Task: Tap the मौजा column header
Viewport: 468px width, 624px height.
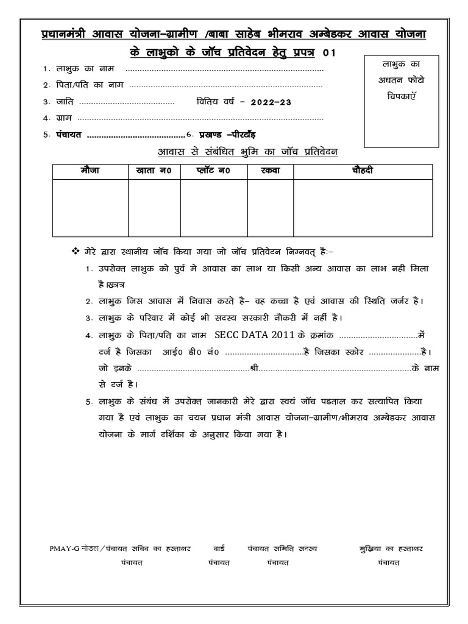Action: [89, 171]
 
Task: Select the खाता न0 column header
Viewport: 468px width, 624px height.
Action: [154, 171]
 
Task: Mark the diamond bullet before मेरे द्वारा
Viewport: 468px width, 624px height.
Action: [76, 252]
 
